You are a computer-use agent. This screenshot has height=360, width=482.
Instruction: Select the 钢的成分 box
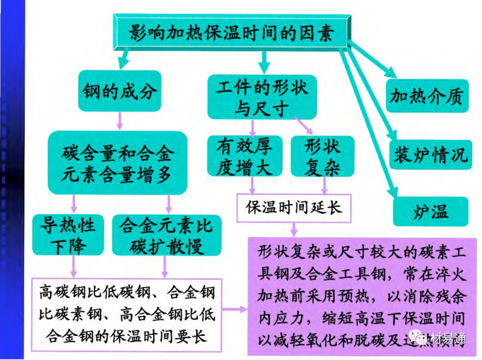pyautogui.click(x=119, y=91)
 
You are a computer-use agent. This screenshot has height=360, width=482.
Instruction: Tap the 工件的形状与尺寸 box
pyautogui.click(x=262, y=97)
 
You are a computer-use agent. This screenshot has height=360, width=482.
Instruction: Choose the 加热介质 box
pyautogui.click(x=427, y=96)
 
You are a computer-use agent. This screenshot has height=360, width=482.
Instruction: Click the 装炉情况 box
pyautogui.click(x=430, y=154)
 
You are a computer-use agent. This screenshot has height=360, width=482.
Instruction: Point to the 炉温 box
pyautogui.click(x=430, y=211)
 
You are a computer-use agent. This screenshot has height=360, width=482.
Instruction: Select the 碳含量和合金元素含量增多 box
pyautogui.click(x=117, y=163)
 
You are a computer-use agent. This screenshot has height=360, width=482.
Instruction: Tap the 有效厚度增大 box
pyautogui.click(x=245, y=156)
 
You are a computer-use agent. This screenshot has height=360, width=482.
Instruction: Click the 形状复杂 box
pyautogui.click(x=322, y=156)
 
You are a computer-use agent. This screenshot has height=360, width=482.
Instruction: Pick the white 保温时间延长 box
pyautogui.click(x=294, y=207)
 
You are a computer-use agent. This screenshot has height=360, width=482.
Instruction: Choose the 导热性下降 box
pyautogui.click(x=68, y=235)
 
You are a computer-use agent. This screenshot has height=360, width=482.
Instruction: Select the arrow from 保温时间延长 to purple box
pyautogui.click(x=294, y=229)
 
